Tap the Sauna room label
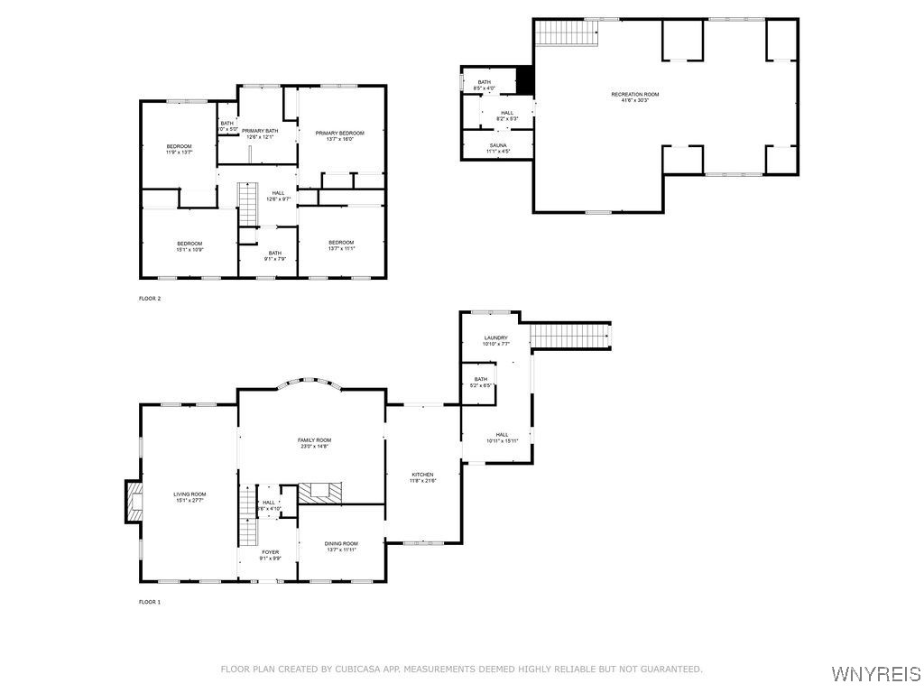tap(498, 148)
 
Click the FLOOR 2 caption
tap(149, 298)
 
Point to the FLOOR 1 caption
tap(149, 602)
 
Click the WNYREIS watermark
tap(875, 674)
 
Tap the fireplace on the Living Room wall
tap(134, 502)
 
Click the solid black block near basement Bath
tap(524, 80)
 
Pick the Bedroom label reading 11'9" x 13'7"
tap(179, 149)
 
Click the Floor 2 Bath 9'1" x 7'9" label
tap(274, 255)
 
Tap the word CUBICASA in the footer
tap(357, 669)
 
